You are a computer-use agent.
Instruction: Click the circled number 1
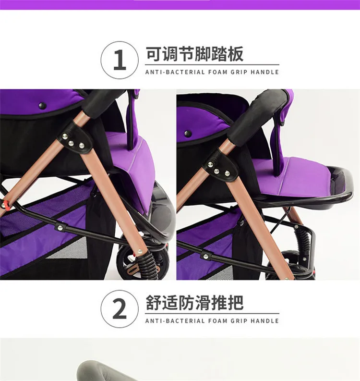point(120,60)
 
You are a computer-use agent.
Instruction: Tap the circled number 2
point(120,309)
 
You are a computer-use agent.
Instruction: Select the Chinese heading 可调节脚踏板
point(194,54)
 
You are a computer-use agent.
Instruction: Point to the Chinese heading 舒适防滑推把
point(194,303)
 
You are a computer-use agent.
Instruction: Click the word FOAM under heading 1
point(217,72)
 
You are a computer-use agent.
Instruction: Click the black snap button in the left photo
point(43,105)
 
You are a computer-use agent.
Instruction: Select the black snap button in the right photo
point(188,134)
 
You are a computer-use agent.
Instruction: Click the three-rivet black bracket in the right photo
point(220,166)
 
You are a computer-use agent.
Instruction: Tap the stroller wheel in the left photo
point(142,264)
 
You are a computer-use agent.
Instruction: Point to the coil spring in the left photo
point(147,266)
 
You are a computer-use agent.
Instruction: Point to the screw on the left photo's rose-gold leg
point(140,252)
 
